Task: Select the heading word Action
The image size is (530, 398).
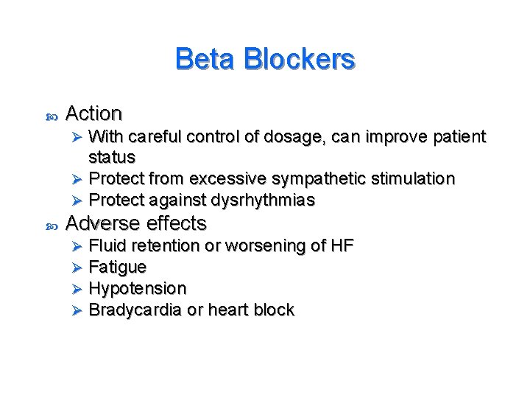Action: click(x=93, y=114)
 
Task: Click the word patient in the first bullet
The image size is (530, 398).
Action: click(x=459, y=137)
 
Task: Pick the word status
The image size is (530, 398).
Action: click(x=112, y=157)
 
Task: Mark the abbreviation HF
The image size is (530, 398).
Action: click(x=340, y=245)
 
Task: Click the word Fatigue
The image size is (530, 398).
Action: click(x=117, y=267)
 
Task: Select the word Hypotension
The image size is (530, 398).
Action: click(x=137, y=288)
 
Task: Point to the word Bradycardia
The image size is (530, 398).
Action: click(x=135, y=310)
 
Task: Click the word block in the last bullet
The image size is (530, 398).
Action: click(x=274, y=310)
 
